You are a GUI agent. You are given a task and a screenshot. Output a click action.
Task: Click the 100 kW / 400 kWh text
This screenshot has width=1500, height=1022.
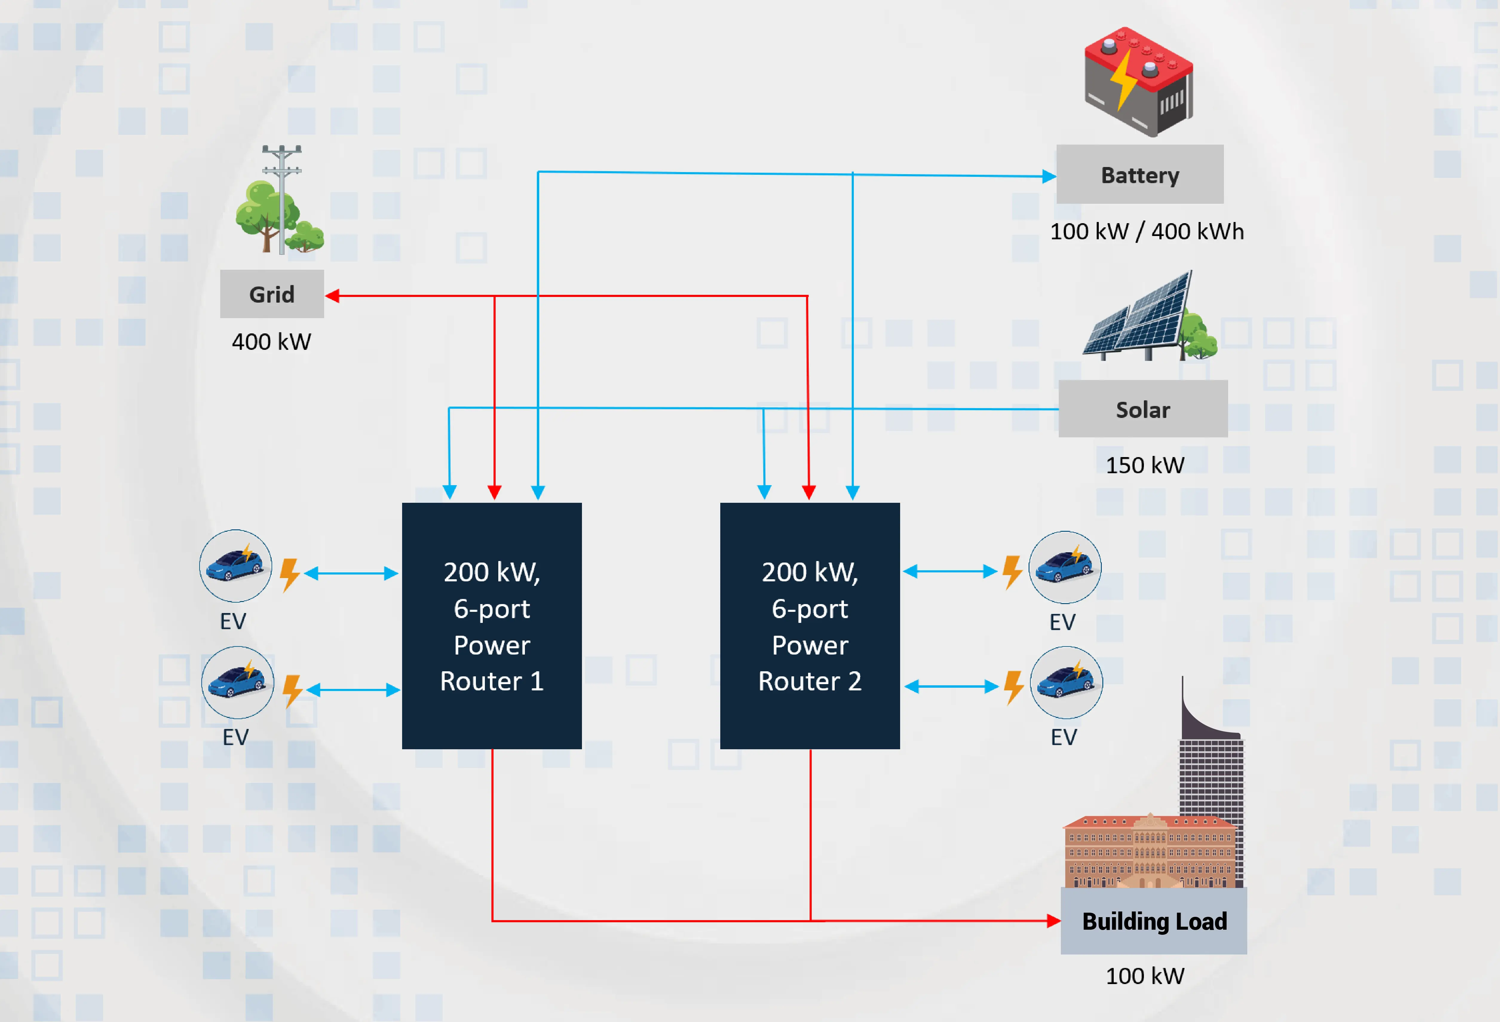(x=1146, y=231)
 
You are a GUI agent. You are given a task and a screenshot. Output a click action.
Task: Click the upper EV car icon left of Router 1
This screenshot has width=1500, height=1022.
(x=236, y=566)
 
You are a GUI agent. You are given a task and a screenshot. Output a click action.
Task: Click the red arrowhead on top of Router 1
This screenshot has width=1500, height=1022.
(x=494, y=493)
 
